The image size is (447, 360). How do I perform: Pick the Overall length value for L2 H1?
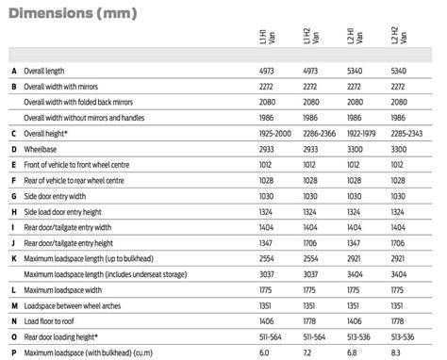[359, 72]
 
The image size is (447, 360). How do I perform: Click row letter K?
[13, 258]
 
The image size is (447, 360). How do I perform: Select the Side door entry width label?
[61, 196]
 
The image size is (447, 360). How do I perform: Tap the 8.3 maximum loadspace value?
[397, 352]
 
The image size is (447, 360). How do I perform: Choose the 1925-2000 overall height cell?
[276, 134]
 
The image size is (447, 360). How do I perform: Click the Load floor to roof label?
[57, 320]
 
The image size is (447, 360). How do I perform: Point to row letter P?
[13, 352]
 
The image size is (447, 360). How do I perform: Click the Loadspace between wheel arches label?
[76, 305]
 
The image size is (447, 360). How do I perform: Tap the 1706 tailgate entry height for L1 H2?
[311, 242]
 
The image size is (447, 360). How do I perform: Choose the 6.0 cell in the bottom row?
[264, 352]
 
